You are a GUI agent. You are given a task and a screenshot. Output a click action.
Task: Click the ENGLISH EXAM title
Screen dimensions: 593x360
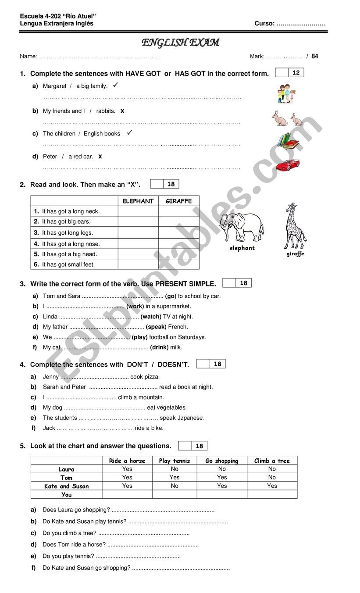pos(180,43)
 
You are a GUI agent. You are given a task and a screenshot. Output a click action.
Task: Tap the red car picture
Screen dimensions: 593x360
pos(288,165)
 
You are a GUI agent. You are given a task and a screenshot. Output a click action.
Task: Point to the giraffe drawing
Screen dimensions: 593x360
pos(294,226)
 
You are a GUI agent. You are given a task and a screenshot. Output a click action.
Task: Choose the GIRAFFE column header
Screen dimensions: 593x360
pos(178,201)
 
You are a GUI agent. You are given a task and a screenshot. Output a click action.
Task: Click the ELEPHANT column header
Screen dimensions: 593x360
pos(138,201)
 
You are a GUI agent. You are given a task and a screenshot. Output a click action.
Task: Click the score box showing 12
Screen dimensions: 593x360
pos(296,73)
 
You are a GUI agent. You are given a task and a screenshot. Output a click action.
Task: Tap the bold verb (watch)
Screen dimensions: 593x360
pos(151,317)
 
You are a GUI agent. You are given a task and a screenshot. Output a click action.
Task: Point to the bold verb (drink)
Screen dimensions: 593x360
pos(160,347)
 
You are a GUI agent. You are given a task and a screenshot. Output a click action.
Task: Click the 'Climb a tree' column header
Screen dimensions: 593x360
pos(272,461)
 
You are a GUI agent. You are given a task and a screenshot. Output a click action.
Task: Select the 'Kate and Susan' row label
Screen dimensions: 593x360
pos(66,486)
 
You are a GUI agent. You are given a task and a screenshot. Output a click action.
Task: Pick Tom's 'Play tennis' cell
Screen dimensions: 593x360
pos(175,477)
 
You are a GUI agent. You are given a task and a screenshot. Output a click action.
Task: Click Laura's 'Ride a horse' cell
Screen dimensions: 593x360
pos(127,469)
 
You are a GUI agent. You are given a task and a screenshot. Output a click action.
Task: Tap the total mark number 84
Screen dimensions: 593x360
pos(315,56)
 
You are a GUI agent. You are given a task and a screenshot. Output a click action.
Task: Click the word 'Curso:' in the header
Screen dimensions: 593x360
pos(264,24)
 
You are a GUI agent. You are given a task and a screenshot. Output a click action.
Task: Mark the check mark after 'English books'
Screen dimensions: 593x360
pos(129,132)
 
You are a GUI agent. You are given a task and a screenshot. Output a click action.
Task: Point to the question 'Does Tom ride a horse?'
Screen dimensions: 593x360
pos(74,544)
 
